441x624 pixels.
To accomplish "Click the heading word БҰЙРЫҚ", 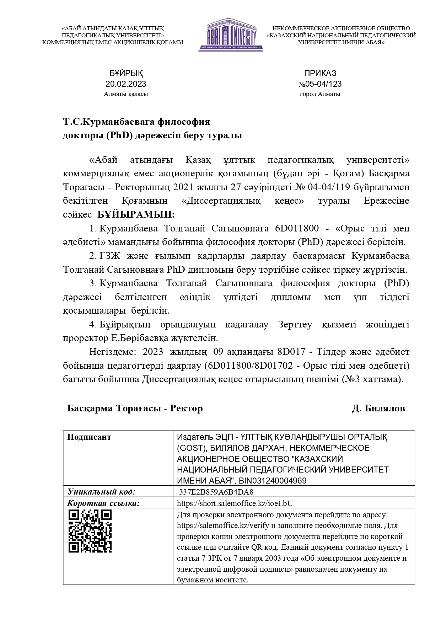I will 126,74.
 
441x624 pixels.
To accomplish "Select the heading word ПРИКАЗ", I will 320,73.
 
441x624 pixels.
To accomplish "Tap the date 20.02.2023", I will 126,84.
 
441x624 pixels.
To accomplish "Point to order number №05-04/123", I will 320,84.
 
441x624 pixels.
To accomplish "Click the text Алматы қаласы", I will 126,94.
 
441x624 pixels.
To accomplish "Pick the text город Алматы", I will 320,94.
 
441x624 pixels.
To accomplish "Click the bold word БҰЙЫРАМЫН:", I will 136,215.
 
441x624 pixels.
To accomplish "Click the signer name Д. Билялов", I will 378,409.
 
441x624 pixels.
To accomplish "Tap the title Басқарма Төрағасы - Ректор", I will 135,409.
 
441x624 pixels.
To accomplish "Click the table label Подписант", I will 89,437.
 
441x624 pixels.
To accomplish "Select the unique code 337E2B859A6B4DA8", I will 216,492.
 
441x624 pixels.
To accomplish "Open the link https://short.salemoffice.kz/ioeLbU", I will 235,503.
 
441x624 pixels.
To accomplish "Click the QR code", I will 90,531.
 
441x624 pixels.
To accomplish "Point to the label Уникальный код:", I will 102,492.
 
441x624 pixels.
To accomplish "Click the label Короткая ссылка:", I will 103,503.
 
